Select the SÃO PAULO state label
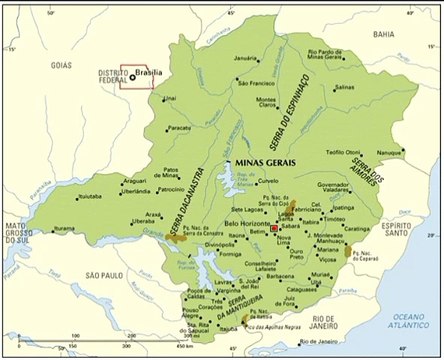(x=103, y=274)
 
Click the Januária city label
(x=246, y=59)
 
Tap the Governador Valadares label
(x=339, y=189)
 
